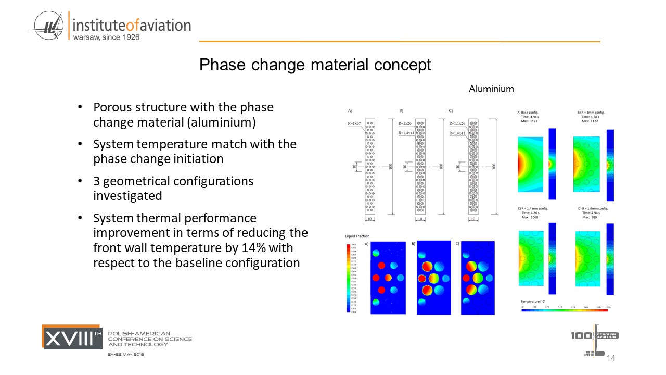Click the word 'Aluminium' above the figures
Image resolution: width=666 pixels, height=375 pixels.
click(491, 89)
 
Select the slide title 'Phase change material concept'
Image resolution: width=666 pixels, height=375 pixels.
click(315, 65)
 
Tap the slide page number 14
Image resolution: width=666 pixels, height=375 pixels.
click(611, 358)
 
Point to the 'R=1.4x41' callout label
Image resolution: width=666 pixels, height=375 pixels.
click(406, 133)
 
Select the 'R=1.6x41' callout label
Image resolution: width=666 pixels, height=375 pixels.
click(458, 133)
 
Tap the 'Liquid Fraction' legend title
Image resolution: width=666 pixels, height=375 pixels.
click(357, 236)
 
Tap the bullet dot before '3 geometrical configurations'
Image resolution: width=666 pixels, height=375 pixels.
click(80, 181)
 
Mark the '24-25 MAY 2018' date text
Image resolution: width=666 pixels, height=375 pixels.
click(126, 354)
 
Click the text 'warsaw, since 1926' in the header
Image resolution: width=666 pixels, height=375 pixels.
click(106, 37)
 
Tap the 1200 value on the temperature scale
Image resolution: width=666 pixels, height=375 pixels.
click(607, 307)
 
